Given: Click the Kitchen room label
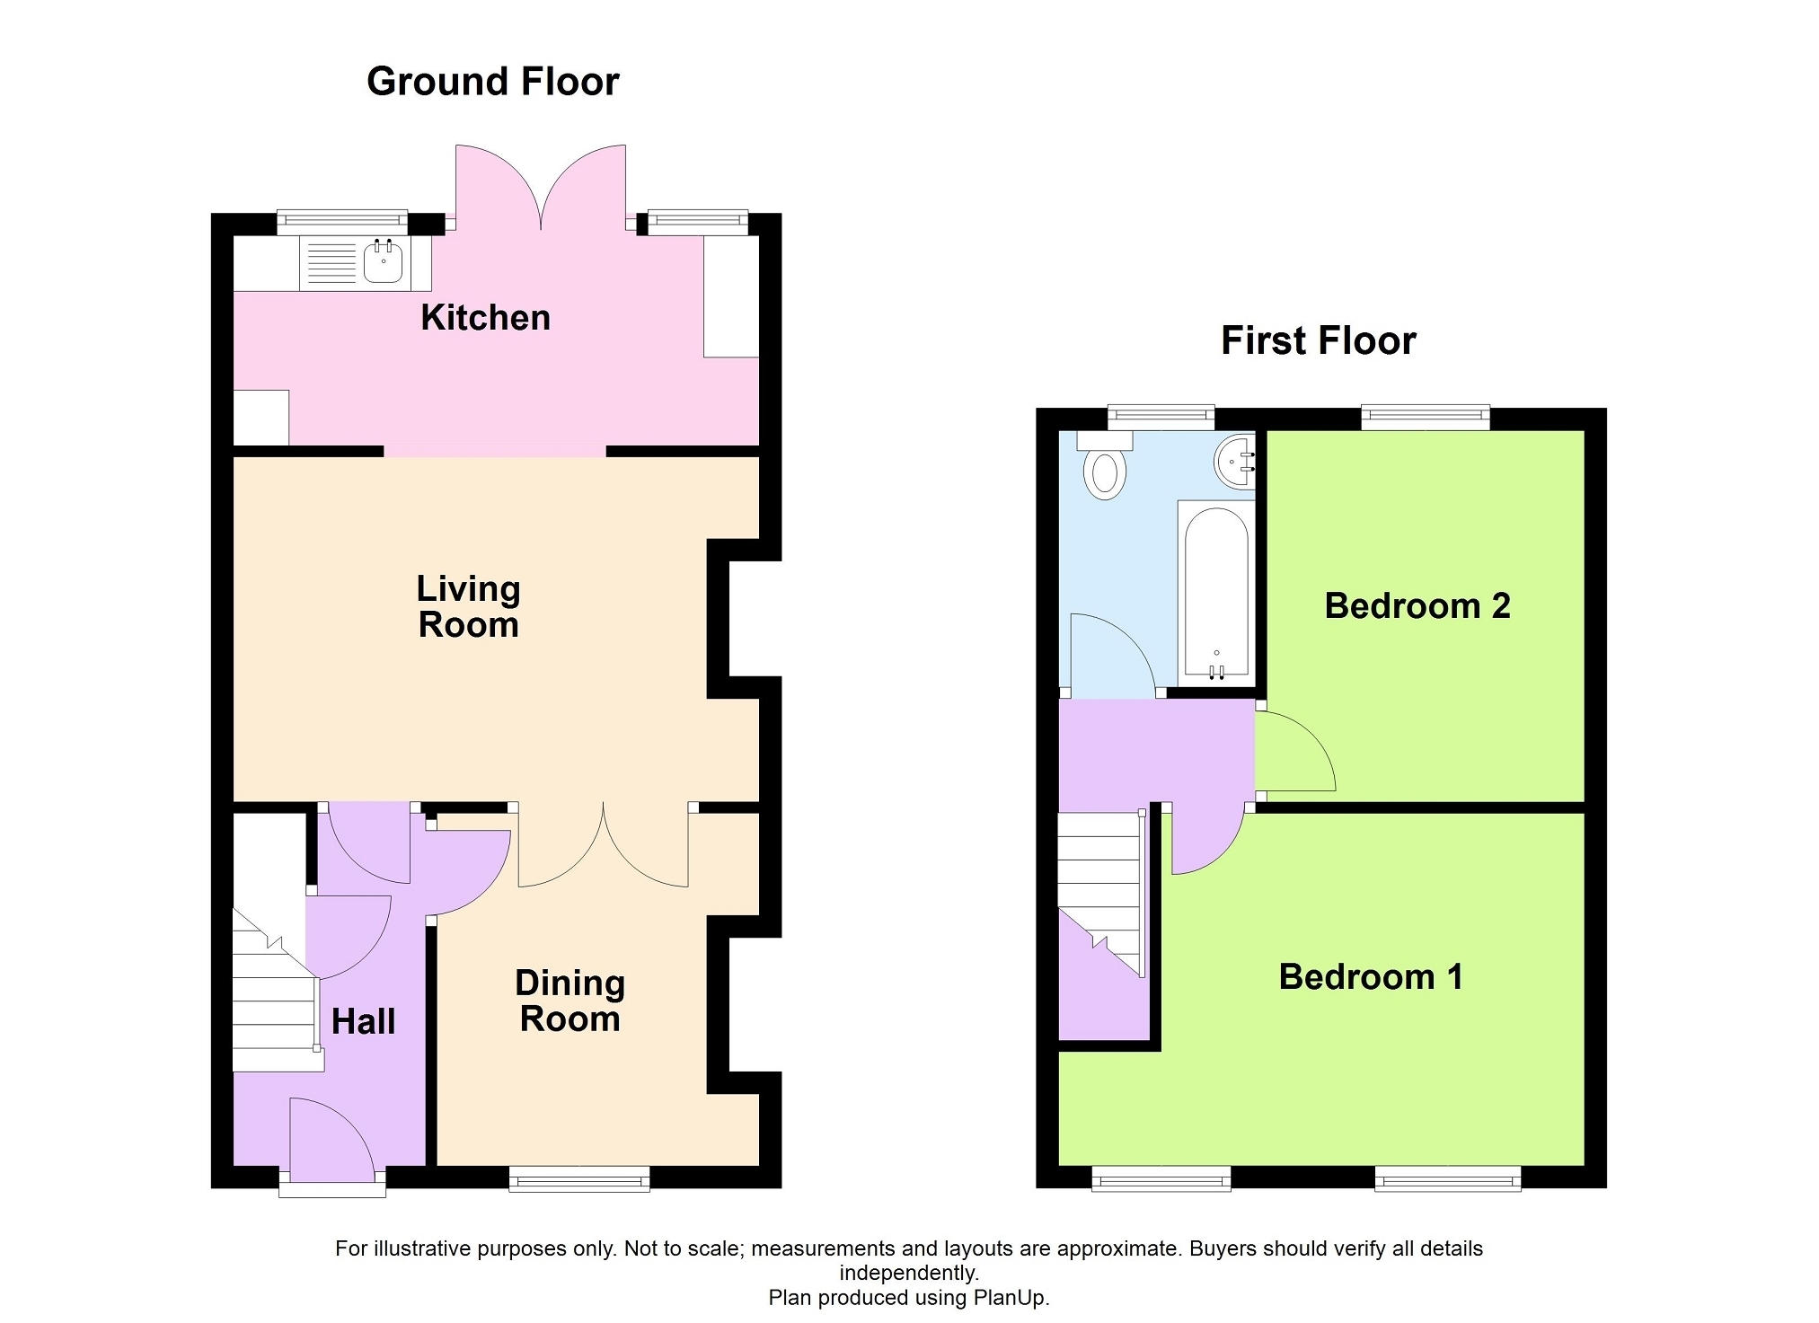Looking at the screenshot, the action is pyautogui.click(x=485, y=318).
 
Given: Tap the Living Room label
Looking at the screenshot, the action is pyautogui.click(x=468, y=606).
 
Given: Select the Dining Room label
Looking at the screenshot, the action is pyautogui.click(x=570, y=1001).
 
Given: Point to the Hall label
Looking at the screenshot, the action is pyautogui.click(x=363, y=1021).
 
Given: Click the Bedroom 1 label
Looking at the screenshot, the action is pyautogui.click(x=1371, y=976).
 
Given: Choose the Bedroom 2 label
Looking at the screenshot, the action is pyautogui.click(x=1417, y=605).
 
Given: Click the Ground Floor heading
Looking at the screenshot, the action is pyautogui.click(x=492, y=82).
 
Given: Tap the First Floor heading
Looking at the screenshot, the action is pyautogui.click(x=1318, y=341).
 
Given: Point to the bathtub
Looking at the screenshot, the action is pyautogui.click(x=1216, y=594).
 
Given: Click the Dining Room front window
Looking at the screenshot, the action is pyautogui.click(x=579, y=1178).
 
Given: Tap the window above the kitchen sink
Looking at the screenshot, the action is pyautogui.click(x=342, y=221).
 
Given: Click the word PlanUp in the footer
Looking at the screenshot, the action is pyautogui.click(x=1014, y=1298).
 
